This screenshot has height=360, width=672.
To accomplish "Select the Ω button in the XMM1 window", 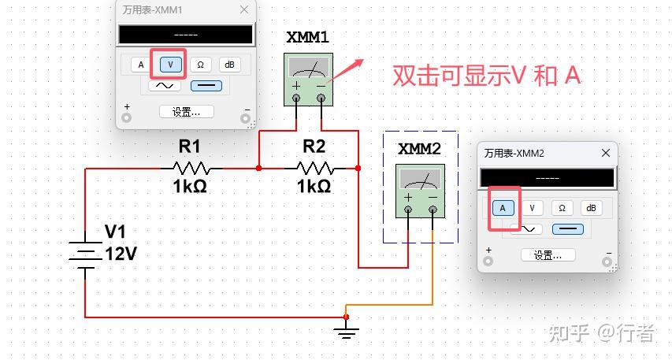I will coord(200,65).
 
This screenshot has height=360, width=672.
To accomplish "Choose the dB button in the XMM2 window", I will coord(592,208).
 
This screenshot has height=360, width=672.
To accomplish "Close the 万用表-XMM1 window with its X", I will coord(244,9).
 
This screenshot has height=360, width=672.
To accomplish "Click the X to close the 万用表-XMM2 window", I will coord(606,153).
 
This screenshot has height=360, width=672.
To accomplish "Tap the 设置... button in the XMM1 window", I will coord(186,111).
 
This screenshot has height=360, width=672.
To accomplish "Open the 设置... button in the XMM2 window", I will coord(548,255).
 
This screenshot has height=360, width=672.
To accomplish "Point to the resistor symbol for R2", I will coord(314,167).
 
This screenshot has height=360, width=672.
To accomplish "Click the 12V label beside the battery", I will coord(121,254).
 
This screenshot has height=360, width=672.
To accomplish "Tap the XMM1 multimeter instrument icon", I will coord(308,80).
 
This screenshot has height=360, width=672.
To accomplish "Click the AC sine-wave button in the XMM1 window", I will coord(164,85).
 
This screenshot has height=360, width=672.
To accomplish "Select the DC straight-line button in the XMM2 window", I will coord(567,228).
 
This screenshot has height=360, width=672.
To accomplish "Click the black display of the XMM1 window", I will coord(186,35).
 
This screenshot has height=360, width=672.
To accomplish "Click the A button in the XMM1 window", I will coord(141,65).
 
